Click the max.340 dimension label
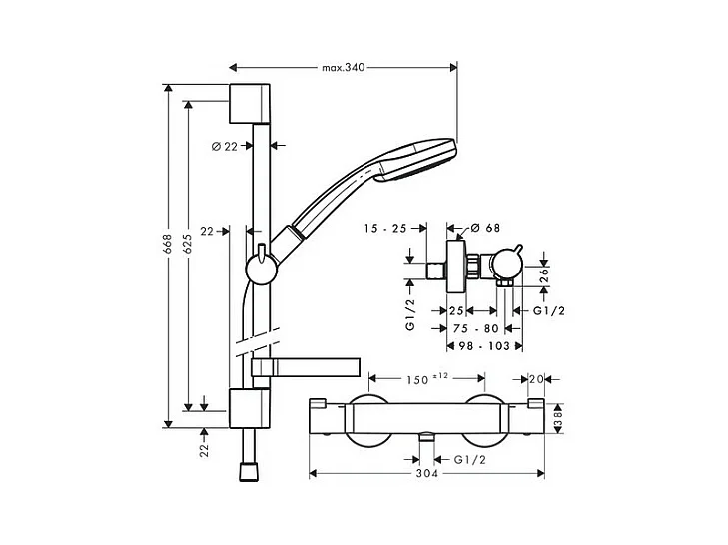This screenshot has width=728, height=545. click(344, 67)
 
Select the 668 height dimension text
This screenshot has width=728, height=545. click(167, 244)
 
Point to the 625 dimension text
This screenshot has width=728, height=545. click(187, 244)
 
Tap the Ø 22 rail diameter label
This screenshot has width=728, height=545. click(225, 147)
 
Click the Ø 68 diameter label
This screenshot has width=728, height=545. click(485, 228)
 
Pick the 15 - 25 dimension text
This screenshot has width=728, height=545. click(385, 228)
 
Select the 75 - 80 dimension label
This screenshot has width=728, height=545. click(476, 328)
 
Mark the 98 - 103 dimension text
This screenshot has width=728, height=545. click(484, 345)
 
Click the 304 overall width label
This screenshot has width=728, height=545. click(427, 473)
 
